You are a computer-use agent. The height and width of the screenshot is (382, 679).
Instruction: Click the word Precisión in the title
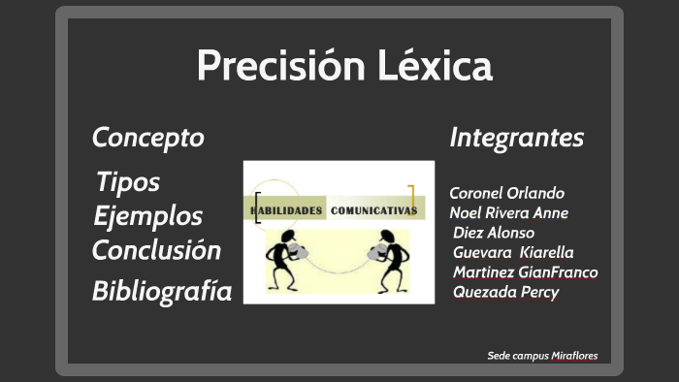[x=275, y=66]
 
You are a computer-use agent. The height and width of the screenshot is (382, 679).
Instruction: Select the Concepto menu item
[x=147, y=138]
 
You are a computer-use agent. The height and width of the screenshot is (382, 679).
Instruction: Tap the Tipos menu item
[x=128, y=181]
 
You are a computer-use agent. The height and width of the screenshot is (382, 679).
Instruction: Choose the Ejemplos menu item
[x=148, y=215]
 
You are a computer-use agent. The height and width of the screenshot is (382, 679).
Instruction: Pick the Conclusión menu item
[x=156, y=250]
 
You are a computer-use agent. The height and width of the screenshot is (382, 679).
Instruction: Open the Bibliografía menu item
[x=162, y=290]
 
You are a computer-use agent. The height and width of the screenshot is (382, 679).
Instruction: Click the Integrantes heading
[x=517, y=138]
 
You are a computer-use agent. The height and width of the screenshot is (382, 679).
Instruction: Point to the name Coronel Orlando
[x=506, y=193]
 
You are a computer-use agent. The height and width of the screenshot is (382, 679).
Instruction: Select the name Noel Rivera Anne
[x=509, y=212]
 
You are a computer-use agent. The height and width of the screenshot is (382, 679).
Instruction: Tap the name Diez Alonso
[x=494, y=232]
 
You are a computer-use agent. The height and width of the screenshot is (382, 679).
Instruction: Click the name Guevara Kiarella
[x=513, y=252]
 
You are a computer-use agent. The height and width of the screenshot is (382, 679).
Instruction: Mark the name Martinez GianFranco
[x=525, y=271]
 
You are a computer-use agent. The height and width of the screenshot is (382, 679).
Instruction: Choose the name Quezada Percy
[x=505, y=292]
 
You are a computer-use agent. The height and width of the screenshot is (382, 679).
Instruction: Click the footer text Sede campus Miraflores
[x=542, y=356]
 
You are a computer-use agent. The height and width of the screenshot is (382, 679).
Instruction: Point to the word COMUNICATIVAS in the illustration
[x=373, y=209]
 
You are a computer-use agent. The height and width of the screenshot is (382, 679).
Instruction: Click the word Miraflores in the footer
[x=573, y=356]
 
